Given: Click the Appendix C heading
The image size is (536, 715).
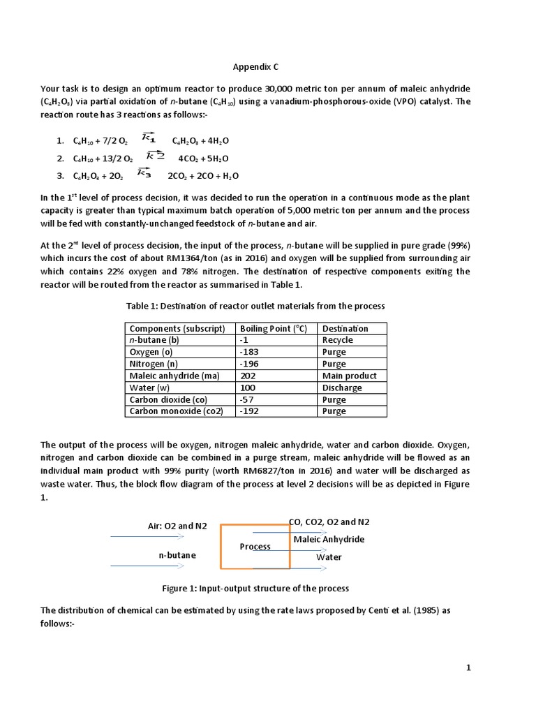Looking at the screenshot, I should (258, 67).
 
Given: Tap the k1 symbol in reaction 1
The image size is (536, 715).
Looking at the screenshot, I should (148, 136).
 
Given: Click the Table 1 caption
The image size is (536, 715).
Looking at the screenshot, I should (255, 306).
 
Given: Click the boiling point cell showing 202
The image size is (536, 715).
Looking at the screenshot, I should (248, 376).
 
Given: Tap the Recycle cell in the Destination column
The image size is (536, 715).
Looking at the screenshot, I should (338, 340).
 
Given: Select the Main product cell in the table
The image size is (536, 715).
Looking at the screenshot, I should (349, 376).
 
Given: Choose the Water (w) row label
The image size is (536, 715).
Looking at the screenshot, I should (151, 388).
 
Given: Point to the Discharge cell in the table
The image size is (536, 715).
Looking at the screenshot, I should (342, 388).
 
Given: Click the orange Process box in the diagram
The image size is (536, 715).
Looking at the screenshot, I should (255, 547).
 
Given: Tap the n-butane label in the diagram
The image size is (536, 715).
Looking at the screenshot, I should (177, 554).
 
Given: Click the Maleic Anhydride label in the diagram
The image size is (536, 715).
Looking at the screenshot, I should (329, 539).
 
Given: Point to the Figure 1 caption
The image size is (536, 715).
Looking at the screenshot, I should (255, 588).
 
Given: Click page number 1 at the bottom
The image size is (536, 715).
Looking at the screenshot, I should (470, 668).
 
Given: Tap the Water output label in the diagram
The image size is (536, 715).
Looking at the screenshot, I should (329, 557).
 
